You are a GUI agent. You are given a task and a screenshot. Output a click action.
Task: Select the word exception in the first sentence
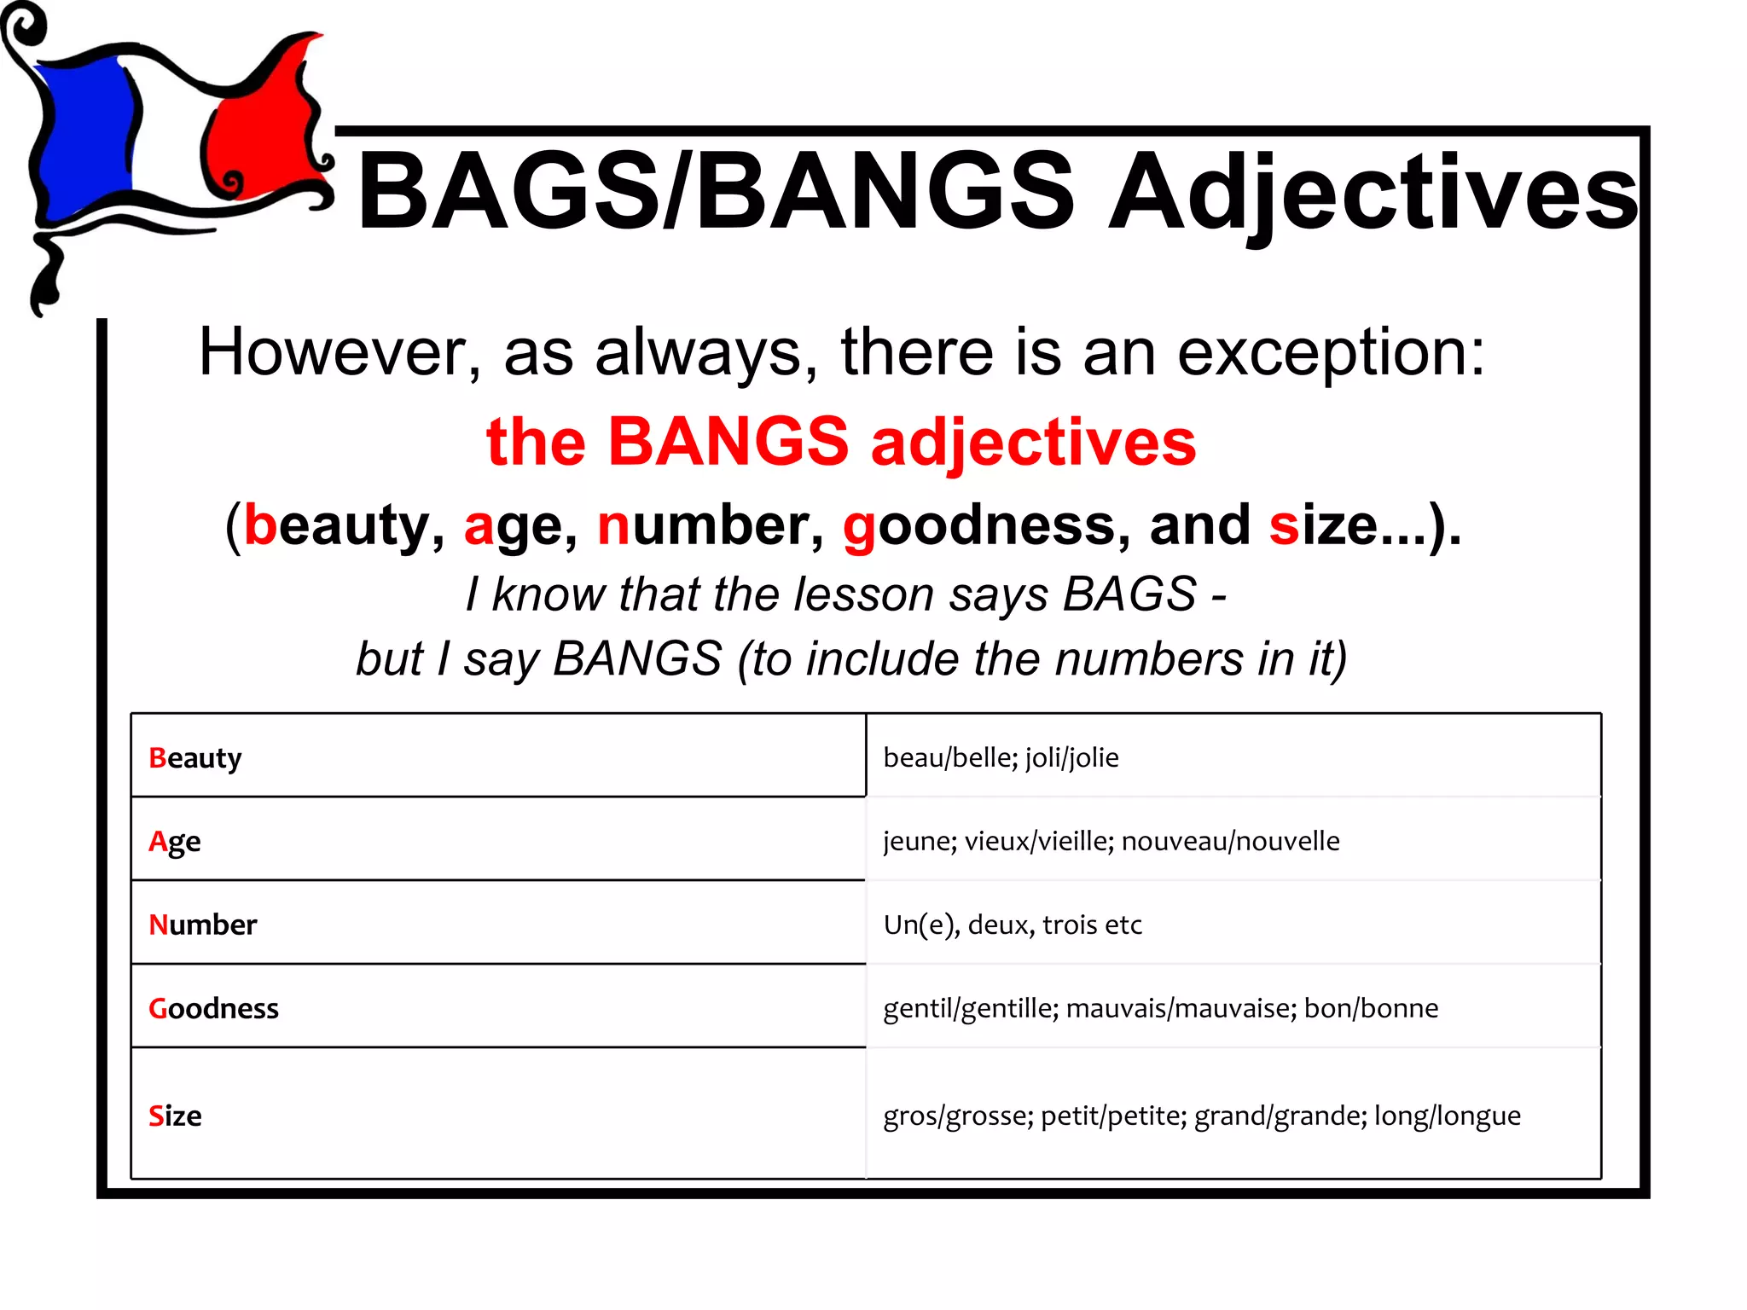(1331, 352)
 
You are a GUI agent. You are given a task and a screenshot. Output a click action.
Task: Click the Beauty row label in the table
(195, 758)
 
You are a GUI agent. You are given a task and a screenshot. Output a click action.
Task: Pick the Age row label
(175, 842)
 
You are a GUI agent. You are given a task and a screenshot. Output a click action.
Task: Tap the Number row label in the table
(203, 925)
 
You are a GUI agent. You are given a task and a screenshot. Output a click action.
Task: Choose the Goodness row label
(214, 1008)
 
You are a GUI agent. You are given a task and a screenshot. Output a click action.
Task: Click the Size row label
(176, 1116)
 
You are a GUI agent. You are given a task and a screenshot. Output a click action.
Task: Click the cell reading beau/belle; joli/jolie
(1001, 757)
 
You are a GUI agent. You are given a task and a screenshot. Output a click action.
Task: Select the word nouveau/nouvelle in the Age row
(1230, 841)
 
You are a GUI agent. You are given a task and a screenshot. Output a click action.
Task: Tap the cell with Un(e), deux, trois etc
(1013, 925)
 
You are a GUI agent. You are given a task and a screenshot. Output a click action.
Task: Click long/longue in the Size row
(1447, 1116)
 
